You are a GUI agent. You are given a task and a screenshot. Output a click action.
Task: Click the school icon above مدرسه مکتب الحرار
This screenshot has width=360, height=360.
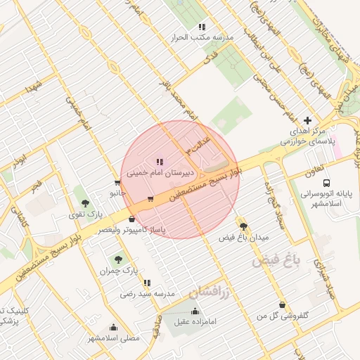202,27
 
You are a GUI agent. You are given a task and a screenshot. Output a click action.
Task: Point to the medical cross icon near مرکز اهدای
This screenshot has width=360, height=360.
307,121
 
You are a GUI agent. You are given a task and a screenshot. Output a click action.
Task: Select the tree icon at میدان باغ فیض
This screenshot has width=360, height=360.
243,226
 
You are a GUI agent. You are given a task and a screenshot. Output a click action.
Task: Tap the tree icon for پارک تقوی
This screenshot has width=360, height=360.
85,202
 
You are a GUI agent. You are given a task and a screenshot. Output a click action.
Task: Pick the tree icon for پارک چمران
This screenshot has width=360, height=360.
117,259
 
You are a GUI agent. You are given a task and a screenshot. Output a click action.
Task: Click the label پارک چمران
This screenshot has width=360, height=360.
116,270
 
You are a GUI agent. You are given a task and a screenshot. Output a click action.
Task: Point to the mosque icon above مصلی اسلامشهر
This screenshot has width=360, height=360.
113,327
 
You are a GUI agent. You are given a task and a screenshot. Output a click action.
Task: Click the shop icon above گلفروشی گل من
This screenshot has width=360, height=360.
282,304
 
